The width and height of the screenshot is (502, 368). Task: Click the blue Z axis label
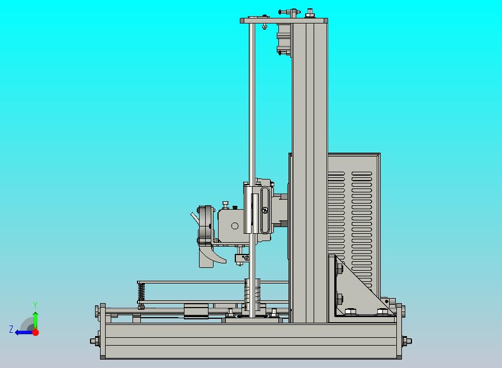[x=11, y=329]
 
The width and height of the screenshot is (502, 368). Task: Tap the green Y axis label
[x=35, y=305]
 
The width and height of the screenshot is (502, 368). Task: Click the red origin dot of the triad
[x=35, y=332]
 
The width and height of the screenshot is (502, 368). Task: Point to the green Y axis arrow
[x=35, y=318]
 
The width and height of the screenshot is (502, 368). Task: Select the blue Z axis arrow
[x=22, y=332]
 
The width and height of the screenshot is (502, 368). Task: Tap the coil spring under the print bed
[x=141, y=291]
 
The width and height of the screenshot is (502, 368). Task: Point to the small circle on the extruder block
[x=235, y=226]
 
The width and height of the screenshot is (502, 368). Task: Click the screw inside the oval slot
[x=264, y=210]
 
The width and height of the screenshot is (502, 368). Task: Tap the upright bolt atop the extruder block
[x=225, y=204]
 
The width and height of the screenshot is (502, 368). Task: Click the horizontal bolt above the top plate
[x=289, y=11]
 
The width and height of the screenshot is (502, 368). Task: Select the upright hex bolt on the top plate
[x=309, y=13]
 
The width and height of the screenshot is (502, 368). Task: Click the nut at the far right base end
[x=407, y=340]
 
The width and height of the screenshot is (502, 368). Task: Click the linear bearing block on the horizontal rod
[x=196, y=312]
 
